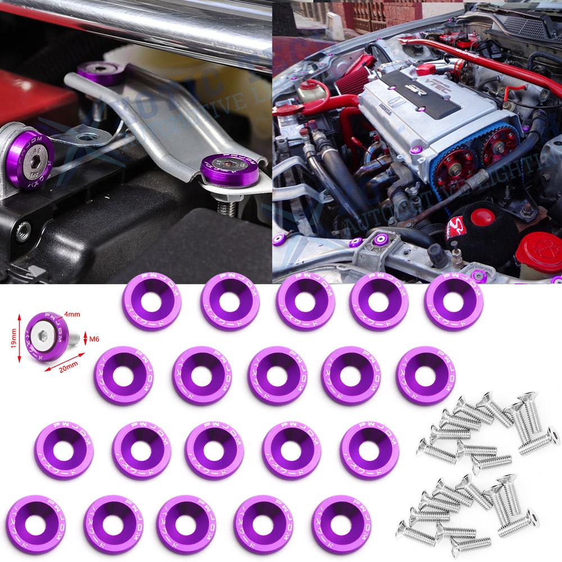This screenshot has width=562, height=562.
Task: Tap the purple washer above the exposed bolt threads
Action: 230,170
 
